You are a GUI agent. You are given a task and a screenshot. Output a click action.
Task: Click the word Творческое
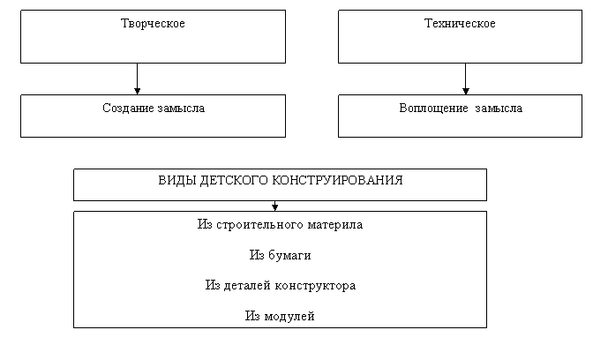(153, 24)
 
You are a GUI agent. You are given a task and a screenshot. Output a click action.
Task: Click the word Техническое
(460, 24)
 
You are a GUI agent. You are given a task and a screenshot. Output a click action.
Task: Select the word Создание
(128, 109)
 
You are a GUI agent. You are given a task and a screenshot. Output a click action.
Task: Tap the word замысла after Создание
(181, 109)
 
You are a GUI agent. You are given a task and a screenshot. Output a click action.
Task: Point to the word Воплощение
(434, 109)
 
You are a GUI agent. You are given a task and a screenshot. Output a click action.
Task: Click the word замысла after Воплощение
(499, 109)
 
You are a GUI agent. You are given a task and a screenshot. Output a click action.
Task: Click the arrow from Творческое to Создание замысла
(138, 79)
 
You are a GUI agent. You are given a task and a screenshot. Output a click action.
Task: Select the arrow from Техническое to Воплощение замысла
(466, 79)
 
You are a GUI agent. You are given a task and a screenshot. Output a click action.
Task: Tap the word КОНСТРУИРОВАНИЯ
(338, 180)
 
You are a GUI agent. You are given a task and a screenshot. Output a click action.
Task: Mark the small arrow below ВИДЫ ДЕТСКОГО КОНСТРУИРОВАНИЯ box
(275, 206)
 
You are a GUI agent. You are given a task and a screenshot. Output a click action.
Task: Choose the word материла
(335, 225)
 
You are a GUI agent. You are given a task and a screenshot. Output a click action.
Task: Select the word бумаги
(289, 256)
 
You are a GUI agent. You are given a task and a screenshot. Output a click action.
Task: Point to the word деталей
(247, 286)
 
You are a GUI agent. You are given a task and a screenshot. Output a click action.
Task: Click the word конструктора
(315, 286)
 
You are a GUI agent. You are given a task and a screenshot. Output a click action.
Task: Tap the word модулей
(289, 316)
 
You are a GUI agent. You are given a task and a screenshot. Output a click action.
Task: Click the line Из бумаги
(281, 256)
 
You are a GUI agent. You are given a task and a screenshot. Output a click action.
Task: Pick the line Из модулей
(280, 316)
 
